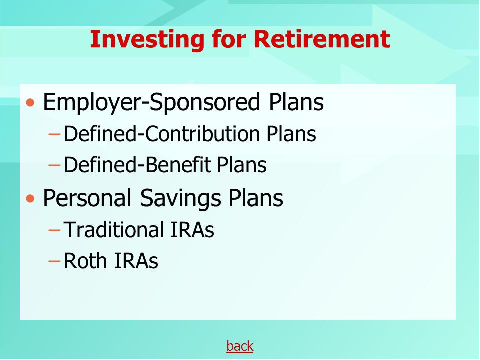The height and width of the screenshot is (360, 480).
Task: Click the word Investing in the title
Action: pos(147,40)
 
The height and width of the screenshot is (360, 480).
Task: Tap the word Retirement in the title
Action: pos(322,39)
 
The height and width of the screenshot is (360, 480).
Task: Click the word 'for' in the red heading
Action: pos(229,39)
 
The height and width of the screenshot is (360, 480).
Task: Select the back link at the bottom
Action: pos(240,346)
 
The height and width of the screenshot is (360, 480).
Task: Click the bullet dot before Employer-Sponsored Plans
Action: pos(30,103)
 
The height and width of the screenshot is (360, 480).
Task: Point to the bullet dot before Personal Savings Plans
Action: pos(30,199)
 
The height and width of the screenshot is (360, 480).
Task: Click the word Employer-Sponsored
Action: pos(151,102)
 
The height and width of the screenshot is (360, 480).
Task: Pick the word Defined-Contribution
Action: pos(162,134)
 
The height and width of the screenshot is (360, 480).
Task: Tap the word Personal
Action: pos(87,198)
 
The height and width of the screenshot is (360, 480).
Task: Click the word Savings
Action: pos(180,198)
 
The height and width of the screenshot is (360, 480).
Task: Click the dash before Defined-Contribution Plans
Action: pos(54,134)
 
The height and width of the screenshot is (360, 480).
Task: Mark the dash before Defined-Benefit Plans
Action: pos(54,165)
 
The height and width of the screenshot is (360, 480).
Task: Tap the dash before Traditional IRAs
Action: pos(54,230)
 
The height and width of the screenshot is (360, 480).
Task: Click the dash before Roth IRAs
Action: pos(54,261)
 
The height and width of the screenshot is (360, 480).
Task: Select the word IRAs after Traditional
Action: pos(192,229)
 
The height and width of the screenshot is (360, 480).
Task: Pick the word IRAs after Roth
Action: pos(136,261)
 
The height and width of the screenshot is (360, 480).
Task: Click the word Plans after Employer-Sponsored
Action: pos(296,102)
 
